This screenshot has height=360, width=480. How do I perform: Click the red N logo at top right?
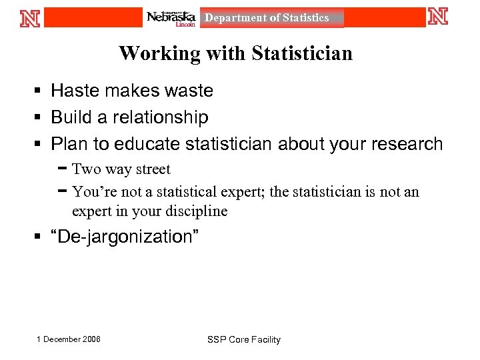438,17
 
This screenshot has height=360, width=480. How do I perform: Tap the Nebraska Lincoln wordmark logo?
171,18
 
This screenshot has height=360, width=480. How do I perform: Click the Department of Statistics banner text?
267,18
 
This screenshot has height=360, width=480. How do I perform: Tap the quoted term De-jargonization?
125,237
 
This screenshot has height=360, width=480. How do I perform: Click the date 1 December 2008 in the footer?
69,339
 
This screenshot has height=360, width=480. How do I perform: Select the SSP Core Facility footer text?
244,340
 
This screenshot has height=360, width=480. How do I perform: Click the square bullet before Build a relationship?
41,118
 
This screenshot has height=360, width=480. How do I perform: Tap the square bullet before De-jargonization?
41,237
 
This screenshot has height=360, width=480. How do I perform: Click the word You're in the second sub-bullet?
91,192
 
